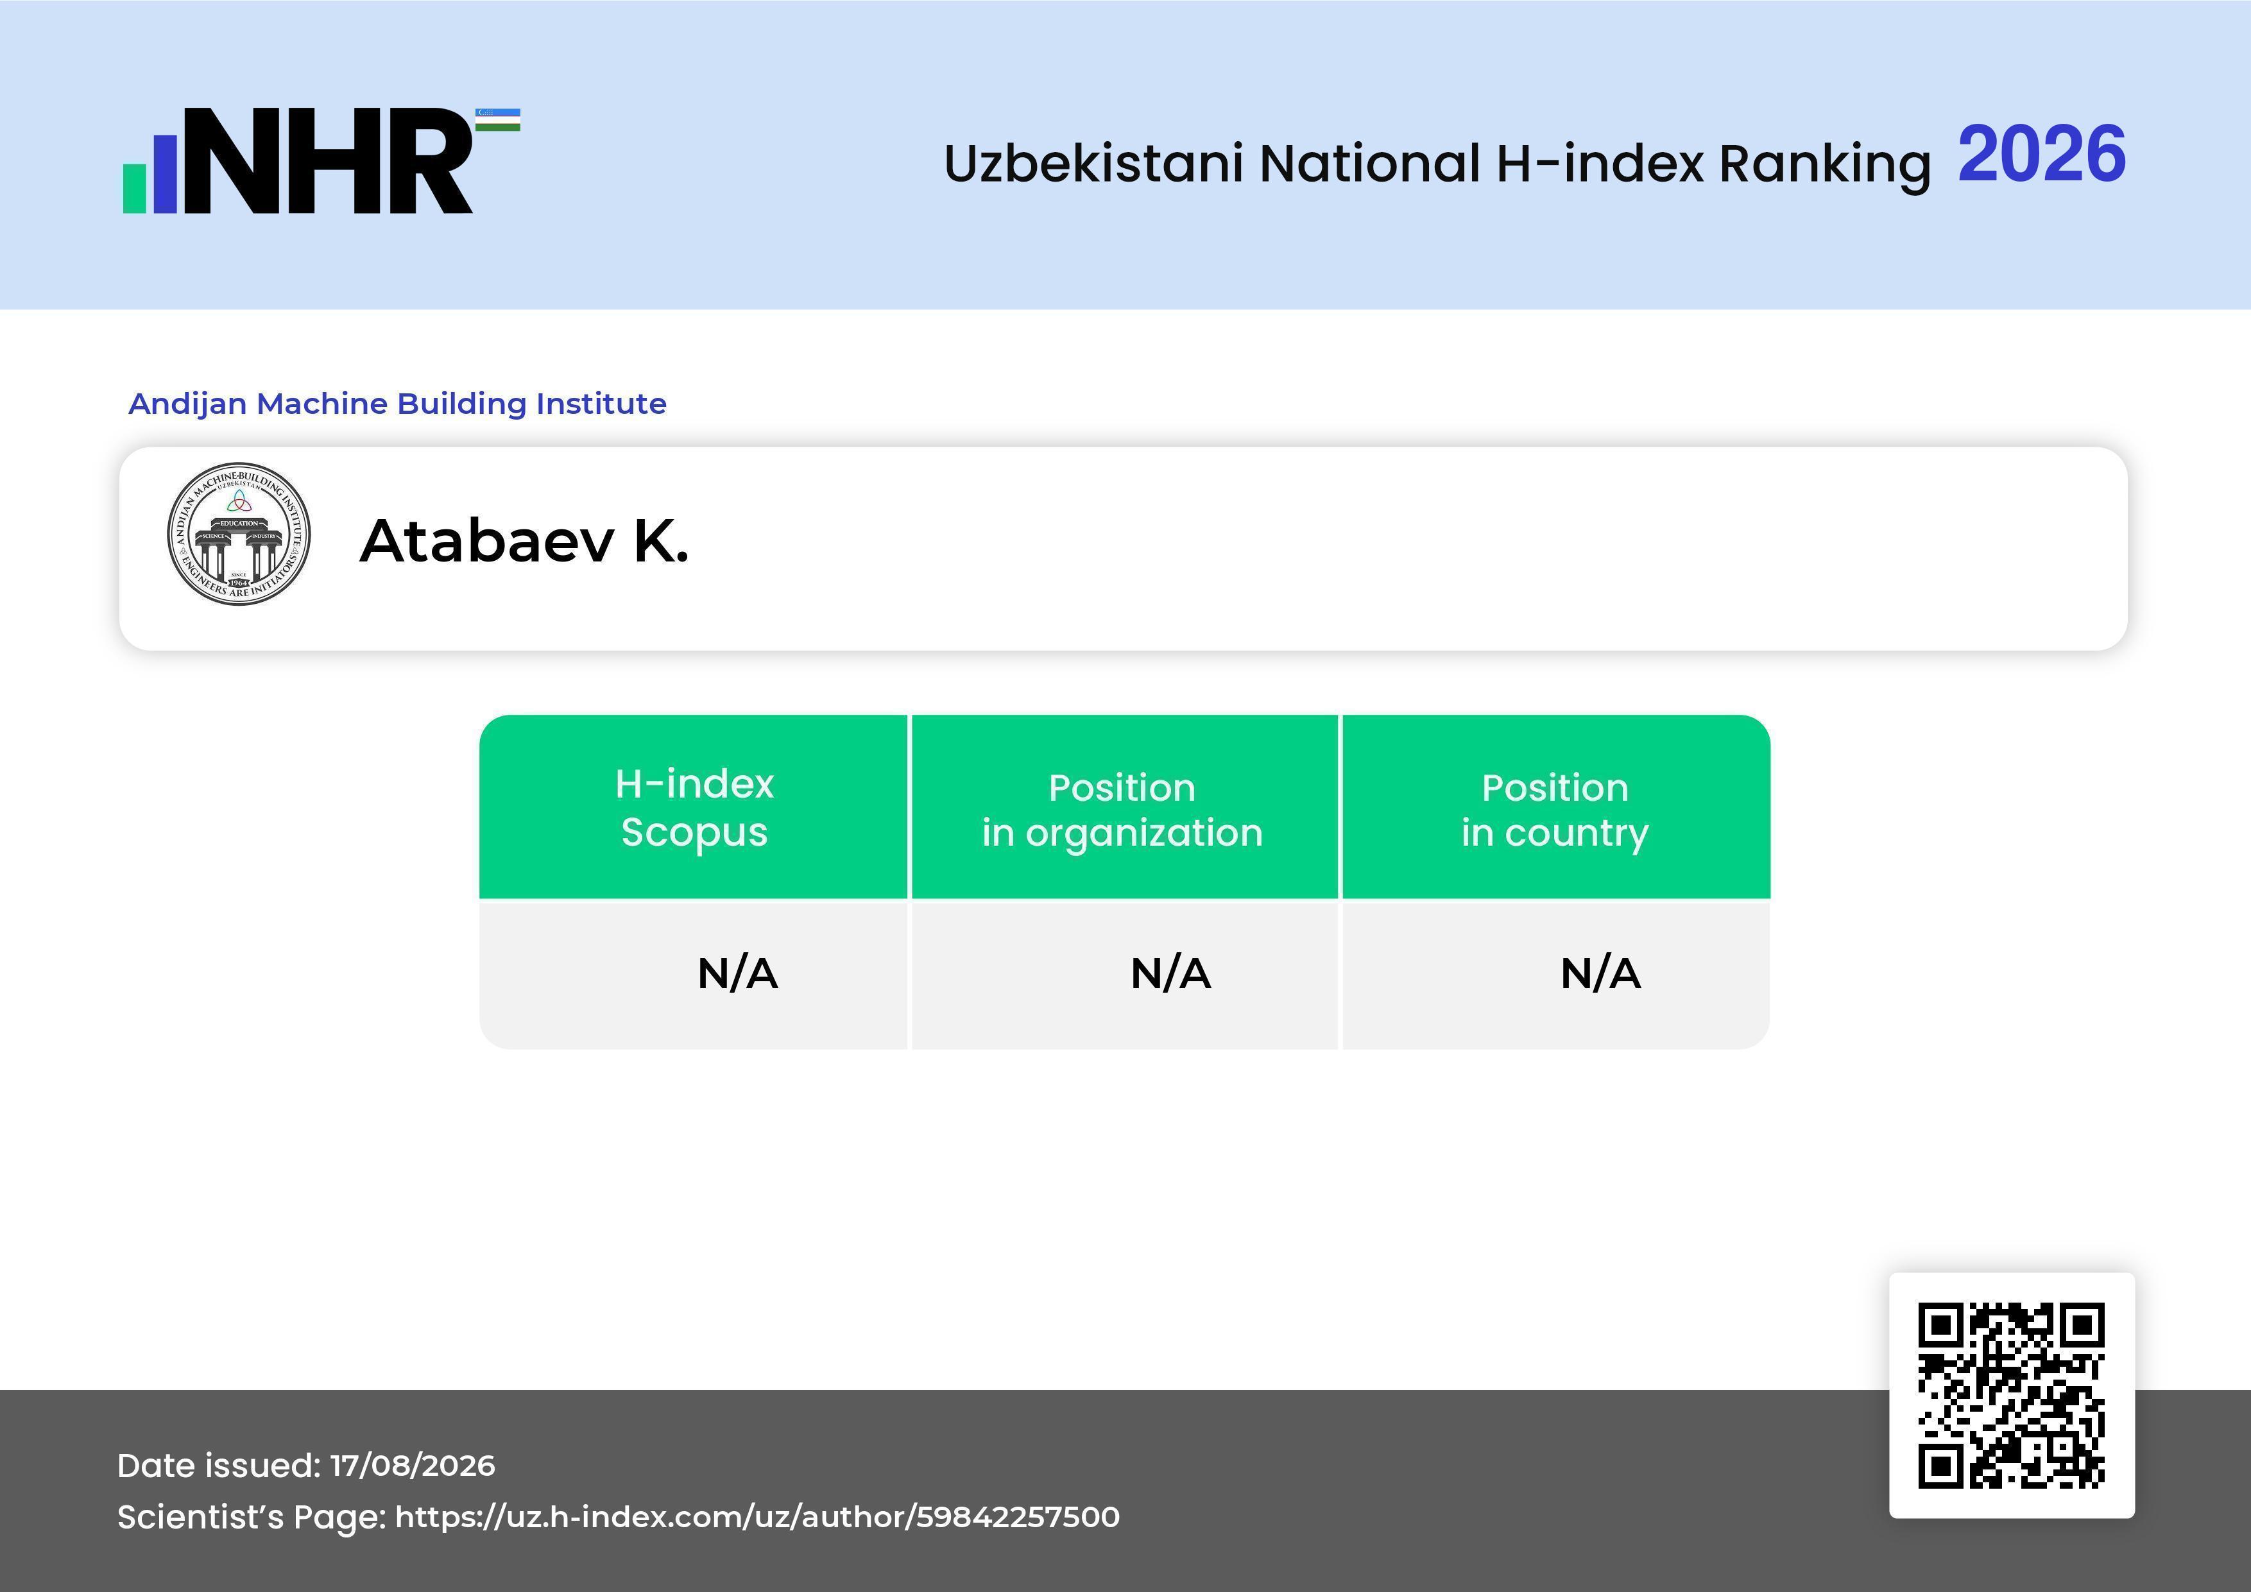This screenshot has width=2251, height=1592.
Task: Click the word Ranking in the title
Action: click(1824, 164)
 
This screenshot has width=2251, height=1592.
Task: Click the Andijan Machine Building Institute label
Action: click(397, 403)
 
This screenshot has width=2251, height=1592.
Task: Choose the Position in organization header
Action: click(1122, 810)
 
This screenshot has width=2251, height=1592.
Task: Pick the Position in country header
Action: click(1555, 810)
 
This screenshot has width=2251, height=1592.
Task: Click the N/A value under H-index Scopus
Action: click(737, 973)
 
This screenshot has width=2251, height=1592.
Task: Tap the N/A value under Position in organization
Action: click(1170, 973)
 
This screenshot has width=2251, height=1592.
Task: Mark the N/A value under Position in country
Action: click(1600, 973)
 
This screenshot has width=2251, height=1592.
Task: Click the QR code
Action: click(2012, 1395)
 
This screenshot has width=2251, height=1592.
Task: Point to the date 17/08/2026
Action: click(413, 1466)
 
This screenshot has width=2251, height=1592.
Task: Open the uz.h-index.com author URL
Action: click(757, 1516)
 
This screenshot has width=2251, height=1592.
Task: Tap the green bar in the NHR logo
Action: click(134, 188)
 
